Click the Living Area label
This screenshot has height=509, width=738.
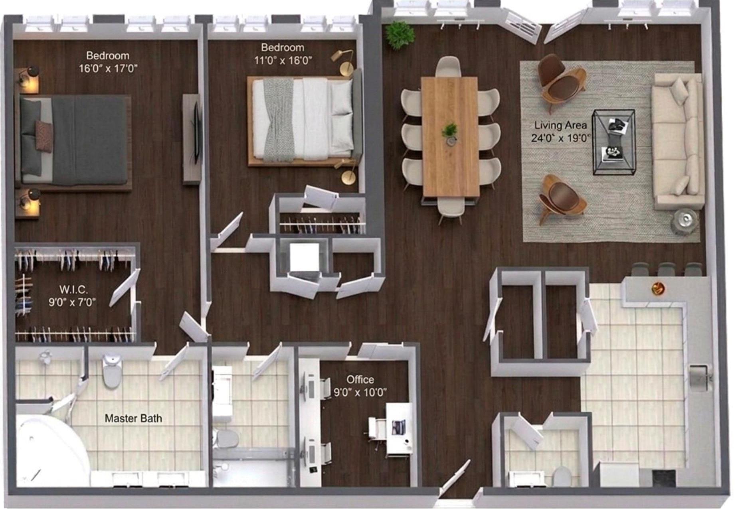(x=560, y=125)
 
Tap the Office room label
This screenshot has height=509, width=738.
(x=360, y=379)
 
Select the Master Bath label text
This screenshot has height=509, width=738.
(x=133, y=418)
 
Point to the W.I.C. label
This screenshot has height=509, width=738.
(x=73, y=289)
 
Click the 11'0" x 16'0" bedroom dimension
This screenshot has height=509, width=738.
(x=283, y=61)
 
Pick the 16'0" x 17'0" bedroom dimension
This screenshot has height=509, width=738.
(x=108, y=68)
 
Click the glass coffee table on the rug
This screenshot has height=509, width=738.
(x=613, y=142)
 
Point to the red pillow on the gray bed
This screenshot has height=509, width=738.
(x=44, y=135)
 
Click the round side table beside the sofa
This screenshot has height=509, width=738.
(x=686, y=219)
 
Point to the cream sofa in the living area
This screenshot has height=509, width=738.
(x=677, y=140)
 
